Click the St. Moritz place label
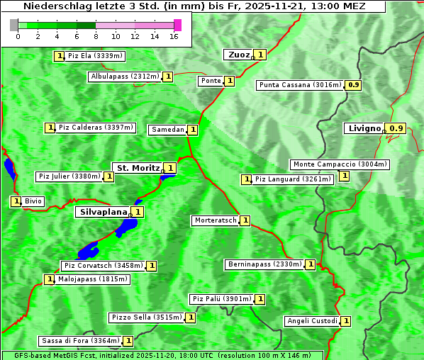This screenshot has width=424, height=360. click(x=138, y=168)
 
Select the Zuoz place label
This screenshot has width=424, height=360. click(x=238, y=55)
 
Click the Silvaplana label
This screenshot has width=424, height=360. click(x=103, y=211)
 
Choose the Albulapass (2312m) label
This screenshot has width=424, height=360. click(x=125, y=77)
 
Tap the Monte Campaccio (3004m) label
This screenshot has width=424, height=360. click(x=340, y=164)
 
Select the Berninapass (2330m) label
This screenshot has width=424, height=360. click(x=264, y=264)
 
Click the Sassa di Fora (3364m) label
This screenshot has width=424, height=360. click(x=79, y=341)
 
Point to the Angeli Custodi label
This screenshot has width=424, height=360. click(x=312, y=321)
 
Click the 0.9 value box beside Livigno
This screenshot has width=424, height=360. click(x=397, y=128)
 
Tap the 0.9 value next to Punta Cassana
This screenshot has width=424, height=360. click(x=354, y=85)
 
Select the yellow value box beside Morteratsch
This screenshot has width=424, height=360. click(x=245, y=220)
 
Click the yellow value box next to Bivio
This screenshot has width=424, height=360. click(x=16, y=201)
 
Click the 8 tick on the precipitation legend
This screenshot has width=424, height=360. click(x=96, y=36)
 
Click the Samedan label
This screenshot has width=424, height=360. click(x=168, y=130)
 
